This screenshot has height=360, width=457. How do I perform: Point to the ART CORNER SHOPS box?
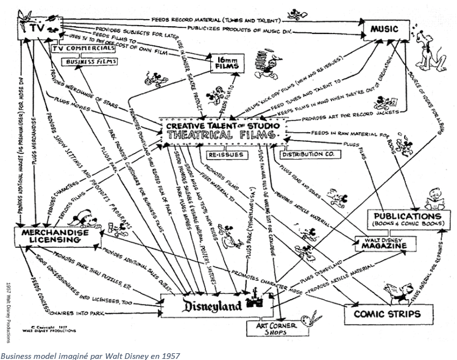tap(274, 329)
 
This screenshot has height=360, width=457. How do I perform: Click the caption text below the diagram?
tap(90, 354)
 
